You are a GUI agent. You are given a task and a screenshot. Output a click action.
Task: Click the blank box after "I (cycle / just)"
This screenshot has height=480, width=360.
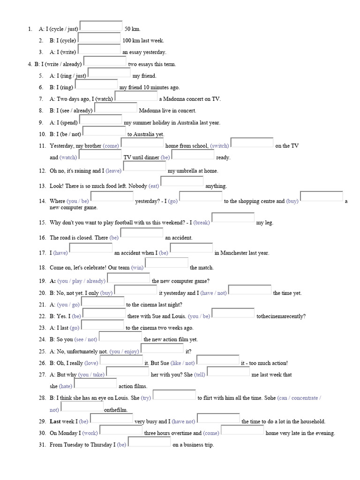(x=101, y=26)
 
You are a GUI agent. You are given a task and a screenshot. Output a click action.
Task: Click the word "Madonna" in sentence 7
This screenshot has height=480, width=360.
(x=174, y=99)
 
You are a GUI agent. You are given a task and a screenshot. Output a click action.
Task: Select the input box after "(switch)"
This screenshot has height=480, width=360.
(x=252, y=143)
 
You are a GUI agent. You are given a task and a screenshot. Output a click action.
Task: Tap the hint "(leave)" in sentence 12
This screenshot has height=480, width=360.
(x=113, y=171)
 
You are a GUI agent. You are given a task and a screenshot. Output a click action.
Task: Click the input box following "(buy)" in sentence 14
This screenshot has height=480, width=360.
(x=321, y=197)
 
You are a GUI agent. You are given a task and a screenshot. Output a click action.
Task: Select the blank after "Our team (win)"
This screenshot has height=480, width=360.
(x=166, y=263)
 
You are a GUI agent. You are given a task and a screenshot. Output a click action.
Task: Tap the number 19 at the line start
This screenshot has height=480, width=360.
(x=42, y=281)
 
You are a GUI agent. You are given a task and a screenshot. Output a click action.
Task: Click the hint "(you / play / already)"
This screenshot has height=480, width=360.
(x=81, y=281)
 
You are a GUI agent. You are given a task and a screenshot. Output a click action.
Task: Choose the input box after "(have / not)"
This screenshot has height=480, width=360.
(x=250, y=291)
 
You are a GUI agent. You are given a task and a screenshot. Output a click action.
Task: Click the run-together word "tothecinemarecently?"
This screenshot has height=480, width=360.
(x=281, y=316)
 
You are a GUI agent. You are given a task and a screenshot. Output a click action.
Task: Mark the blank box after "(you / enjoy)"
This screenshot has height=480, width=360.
(x=162, y=349)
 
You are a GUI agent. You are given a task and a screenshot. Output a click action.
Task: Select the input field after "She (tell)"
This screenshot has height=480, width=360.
(x=228, y=372)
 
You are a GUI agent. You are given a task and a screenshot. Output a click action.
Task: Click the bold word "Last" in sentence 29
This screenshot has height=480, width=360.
(x=55, y=421)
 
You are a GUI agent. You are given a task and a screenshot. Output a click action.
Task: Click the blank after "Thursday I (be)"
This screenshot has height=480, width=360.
(x=149, y=442)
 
